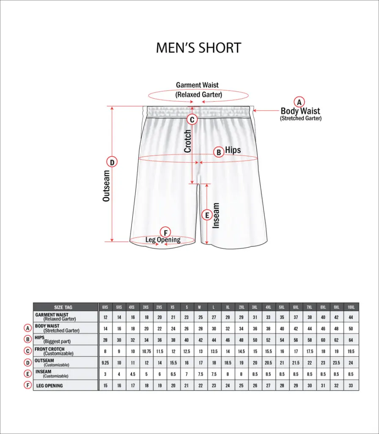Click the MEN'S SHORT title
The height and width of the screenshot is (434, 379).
coord(198,47)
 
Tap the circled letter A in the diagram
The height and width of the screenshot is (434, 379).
coord(299,102)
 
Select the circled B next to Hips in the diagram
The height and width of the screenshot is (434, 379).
coord(219,152)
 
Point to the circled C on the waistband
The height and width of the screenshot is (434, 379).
coord(192,120)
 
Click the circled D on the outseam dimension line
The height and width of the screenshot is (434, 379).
coord(112,162)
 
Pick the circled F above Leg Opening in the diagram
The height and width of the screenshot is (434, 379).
coord(165,232)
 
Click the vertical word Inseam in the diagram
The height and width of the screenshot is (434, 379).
coord(216,216)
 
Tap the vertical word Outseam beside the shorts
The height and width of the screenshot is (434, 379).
coord(106,185)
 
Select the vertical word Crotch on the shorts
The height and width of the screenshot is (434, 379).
coord(187,141)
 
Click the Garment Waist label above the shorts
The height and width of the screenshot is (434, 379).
coord(198,85)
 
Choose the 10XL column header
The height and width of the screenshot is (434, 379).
coord(351,307)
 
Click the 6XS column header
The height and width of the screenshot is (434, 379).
coord(105,307)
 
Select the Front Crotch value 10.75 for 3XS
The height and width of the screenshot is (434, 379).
coord(146,351)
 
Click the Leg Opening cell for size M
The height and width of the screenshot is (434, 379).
coord(200,386)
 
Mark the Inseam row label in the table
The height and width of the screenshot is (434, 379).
coord(44,372)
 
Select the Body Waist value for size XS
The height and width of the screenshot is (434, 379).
coord(173,328)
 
